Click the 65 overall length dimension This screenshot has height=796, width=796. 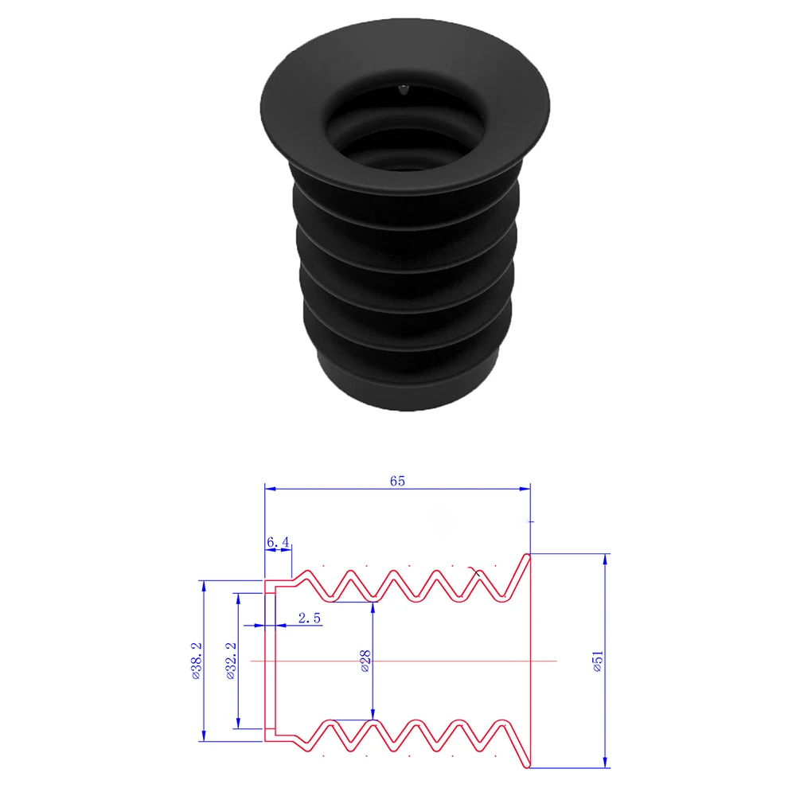tap(398, 481)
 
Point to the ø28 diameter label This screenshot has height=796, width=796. tap(365, 661)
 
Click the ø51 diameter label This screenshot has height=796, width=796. tap(598, 661)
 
